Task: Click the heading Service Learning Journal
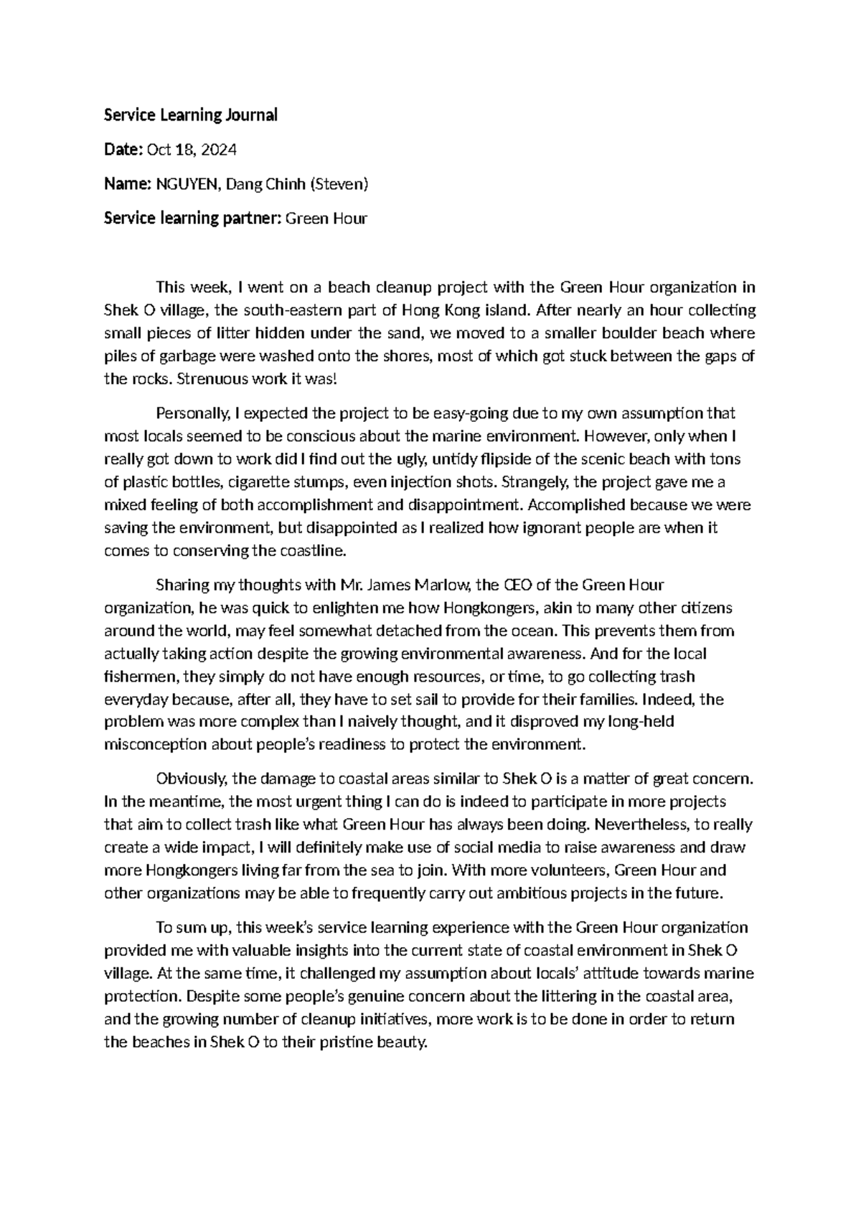coord(190,115)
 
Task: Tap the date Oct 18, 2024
coord(192,150)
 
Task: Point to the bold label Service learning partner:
coord(193,219)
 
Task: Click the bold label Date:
coord(123,150)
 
